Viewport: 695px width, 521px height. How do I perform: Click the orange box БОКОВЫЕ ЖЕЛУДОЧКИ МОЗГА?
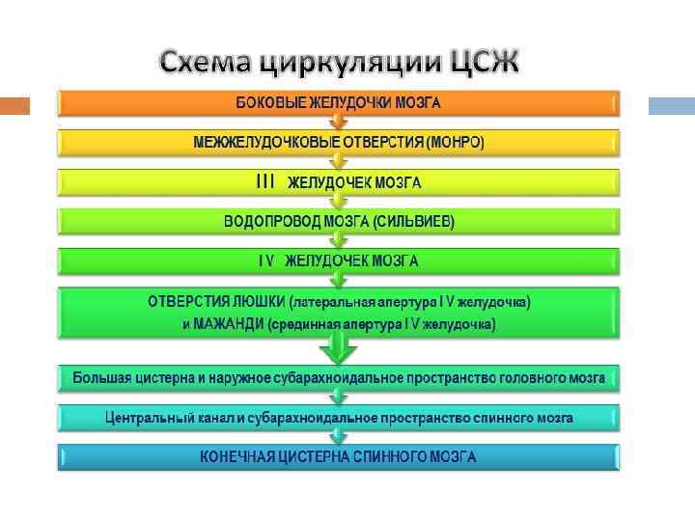pos(338,102)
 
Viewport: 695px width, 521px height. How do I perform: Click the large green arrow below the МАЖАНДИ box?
pos(338,349)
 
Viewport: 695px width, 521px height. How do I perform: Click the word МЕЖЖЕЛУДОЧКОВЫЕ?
pos(260,142)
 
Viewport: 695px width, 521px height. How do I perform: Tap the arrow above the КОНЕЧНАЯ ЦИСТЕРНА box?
pos(338,437)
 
